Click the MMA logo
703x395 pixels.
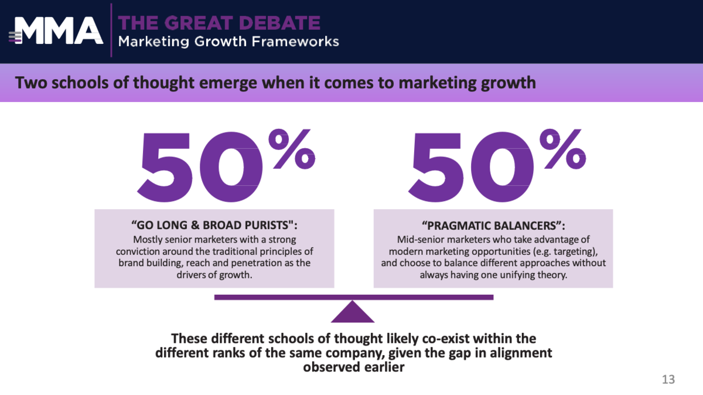coord(56,30)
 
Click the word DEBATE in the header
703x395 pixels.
coord(279,23)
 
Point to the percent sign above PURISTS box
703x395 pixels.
coord(292,149)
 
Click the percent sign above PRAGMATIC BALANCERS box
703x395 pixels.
coord(563,149)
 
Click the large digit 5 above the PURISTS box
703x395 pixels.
coord(165,166)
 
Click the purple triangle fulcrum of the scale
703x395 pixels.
coord(353,314)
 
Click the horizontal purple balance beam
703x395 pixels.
coord(354,297)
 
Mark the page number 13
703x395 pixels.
coord(668,379)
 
